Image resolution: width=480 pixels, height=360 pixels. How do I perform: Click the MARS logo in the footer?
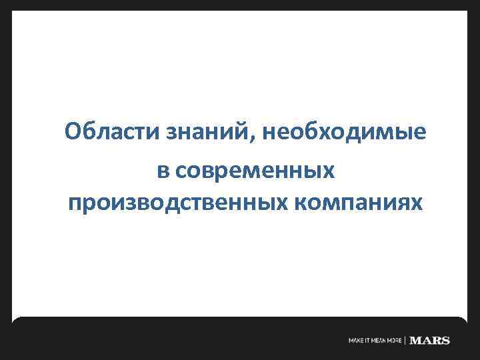click(x=431, y=341)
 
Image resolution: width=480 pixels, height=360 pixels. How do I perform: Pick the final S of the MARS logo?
click(x=446, y=341)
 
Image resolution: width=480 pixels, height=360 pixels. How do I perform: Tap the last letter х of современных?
click(x=329, y=172)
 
